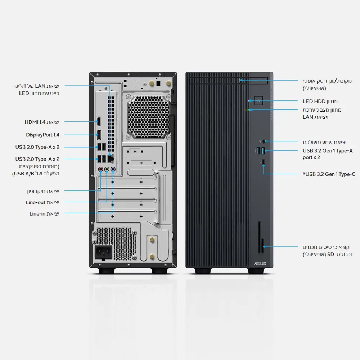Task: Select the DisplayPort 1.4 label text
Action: click(42, 135)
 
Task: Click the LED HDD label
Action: click(320, 102)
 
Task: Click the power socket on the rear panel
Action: click(103, 253)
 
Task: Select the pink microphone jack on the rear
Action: click(100, 168)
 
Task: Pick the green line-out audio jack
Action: click(107, 168)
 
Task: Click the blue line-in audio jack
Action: click(113, 168)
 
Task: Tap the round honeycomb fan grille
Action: click(149, 117)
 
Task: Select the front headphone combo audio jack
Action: click(265, 142)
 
